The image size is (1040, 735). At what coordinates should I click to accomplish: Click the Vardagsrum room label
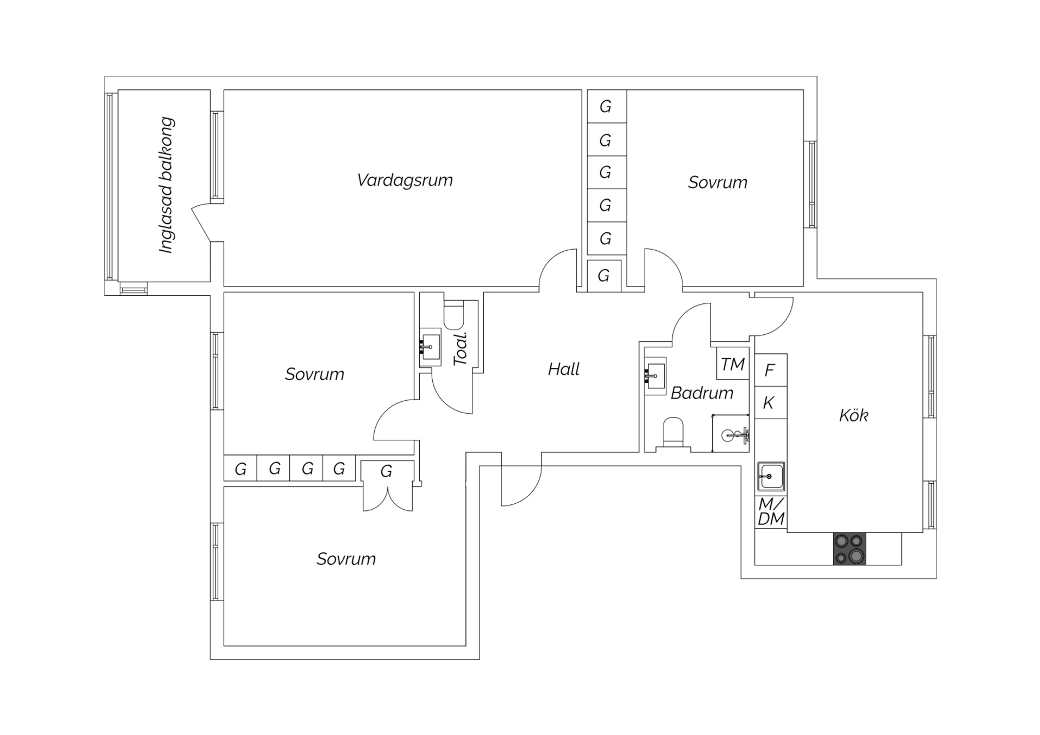click(405, 180)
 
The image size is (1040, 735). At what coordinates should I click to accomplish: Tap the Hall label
click(563, 369)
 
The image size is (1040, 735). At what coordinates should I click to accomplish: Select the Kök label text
click(854, 415)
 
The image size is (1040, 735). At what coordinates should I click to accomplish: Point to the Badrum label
click(702, 393)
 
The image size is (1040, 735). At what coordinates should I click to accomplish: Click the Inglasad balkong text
click(166, 185)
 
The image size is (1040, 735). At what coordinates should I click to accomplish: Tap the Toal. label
click(460, 349)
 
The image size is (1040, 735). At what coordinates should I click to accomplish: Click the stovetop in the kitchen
click(849, 549)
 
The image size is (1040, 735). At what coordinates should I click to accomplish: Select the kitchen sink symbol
click(770, 477)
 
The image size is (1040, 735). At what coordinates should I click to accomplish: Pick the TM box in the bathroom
click(733, 364)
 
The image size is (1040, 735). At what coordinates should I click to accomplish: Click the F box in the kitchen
click(770, 370)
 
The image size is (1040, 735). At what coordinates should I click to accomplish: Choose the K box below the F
click(770, 403)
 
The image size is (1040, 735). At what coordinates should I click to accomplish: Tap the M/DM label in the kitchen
click(771, 512)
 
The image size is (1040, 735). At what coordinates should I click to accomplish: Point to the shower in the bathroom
click(731, 433)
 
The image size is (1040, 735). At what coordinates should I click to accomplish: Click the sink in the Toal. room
click(430, 347)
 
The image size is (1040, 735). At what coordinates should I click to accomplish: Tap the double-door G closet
click(387, 486)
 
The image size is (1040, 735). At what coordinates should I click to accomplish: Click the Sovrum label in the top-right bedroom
click(718, 183)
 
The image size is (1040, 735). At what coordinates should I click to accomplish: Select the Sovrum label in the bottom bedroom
click(346, 559)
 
